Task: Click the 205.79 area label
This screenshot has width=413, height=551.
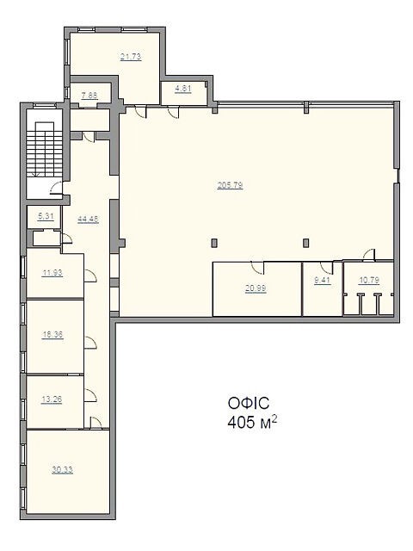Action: pos(230,185)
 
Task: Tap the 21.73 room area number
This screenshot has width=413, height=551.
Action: pos(131,57)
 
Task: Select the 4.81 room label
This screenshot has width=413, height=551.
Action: pos(183,89)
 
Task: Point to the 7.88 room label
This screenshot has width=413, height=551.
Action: pos(89,96)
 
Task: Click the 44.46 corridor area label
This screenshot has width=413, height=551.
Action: pos(88,220)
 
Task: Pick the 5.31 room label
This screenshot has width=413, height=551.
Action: pos(46,216)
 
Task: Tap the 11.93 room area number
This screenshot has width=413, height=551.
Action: pos(52,273)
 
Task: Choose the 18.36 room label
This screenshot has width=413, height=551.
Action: pos(52,335)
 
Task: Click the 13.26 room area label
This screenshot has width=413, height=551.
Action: pos(52,399)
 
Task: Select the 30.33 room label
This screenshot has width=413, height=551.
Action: pos(63,470)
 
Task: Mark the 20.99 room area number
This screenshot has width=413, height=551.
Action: pos(256,288)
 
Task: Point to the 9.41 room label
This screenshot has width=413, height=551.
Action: pos(322,281)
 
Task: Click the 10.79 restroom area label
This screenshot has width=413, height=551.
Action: pos(369,281)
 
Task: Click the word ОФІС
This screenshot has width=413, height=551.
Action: pos(249,403)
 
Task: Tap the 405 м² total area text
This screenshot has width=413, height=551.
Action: pos(252,422)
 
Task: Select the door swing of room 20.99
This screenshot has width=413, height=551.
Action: pos(258,268)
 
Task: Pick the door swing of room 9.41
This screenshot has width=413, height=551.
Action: pos(327,268)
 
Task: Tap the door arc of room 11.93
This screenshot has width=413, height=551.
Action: pos(90,275)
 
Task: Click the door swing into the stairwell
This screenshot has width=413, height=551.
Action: pos(56,188)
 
